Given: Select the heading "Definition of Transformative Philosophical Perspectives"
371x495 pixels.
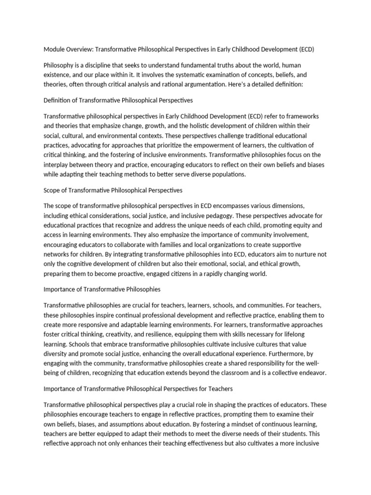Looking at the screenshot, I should click(x=118, y=100).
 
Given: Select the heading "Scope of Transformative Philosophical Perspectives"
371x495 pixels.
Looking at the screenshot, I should click(x=113, y=190).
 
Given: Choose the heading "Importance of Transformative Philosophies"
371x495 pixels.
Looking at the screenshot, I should click(x=102, y=290).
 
